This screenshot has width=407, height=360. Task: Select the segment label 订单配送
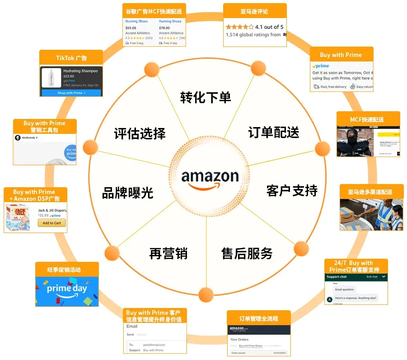pyautogui.click(x=274, y=133)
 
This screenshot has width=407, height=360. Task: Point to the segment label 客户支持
pyautogui.click(x=292, y=190)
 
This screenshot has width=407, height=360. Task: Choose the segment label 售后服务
pyautogui.click(x=247, y=253)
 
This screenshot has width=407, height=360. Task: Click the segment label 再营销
pyautogui.click(x=168, y=253)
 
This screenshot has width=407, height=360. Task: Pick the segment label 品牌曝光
pyautogui.click(x=128, y=193)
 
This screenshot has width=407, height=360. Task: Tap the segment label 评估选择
pyautogui.click(x=140, y=133)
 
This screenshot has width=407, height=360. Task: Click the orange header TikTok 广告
pyautogui.click(x=71, y=58)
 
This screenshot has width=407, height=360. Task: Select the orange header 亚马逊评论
pyautogui.click(x=255, y=11)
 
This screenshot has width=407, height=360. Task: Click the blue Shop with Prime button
pyautogui.click(x=71, y=93)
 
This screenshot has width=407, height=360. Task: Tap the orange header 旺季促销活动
pyautogui.click(x=67, y=270)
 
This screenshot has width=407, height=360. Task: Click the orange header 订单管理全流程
pyautogui.click(x=259, y=318)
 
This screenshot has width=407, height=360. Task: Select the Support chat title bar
pyautogui.click(x=356, y=276)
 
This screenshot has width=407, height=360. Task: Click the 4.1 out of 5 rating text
pyautogui.click(x=269, y=27)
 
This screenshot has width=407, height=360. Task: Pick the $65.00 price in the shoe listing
pyautogui.click(x=131, y=28)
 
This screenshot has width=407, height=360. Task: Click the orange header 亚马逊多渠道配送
pyautogui.click(x=370, y=192)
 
